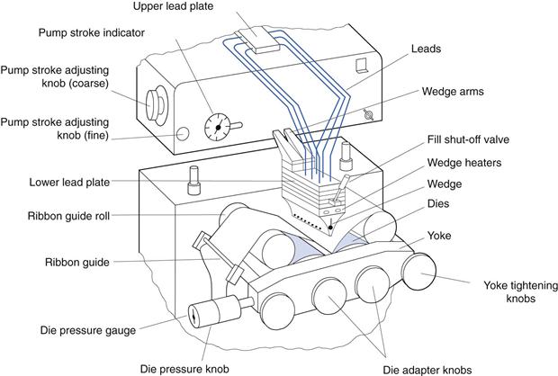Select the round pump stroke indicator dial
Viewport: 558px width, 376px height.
click(x=217, y=128)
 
